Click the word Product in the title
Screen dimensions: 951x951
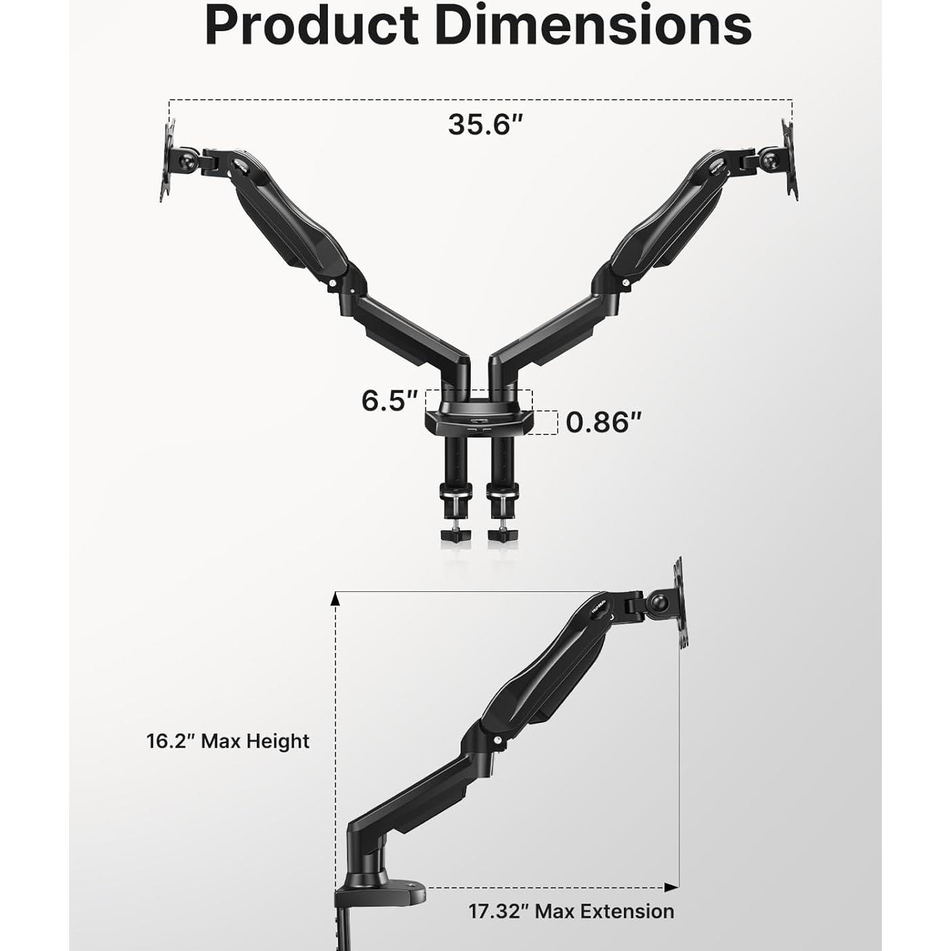tap(312, 26)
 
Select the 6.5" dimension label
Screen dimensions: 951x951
tap(389, 400)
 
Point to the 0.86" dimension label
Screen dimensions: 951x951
tap(603, 422)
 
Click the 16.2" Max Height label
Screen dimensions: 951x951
tap(228, 741)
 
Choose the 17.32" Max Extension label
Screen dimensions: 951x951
tap(571, 911)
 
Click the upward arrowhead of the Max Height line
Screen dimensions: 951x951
tap(335, 597)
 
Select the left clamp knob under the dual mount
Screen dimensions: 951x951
tap(455, 534)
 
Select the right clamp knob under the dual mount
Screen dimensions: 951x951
tap(502, 534)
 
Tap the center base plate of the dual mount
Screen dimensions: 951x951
tap(478, 420)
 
